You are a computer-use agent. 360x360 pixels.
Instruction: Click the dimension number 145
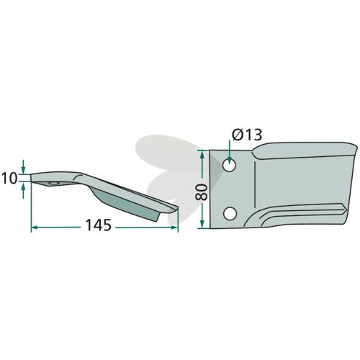[x=99, y=225]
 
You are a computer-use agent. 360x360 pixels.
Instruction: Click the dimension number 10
[x=9, y=179]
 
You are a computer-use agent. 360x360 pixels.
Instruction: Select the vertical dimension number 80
[x=201, y=192]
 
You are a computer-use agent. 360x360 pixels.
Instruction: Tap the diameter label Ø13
[x=247, y=135]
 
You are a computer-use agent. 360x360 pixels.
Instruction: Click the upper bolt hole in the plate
[x=230, y=165]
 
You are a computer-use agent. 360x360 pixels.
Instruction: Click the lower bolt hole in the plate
[x=230, y=214]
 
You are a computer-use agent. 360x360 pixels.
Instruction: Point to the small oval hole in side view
[x=54, y=183]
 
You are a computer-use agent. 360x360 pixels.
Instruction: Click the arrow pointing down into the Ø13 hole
[x=230, y=152]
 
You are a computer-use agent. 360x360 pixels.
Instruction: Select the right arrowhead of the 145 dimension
[x=174, y=227]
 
